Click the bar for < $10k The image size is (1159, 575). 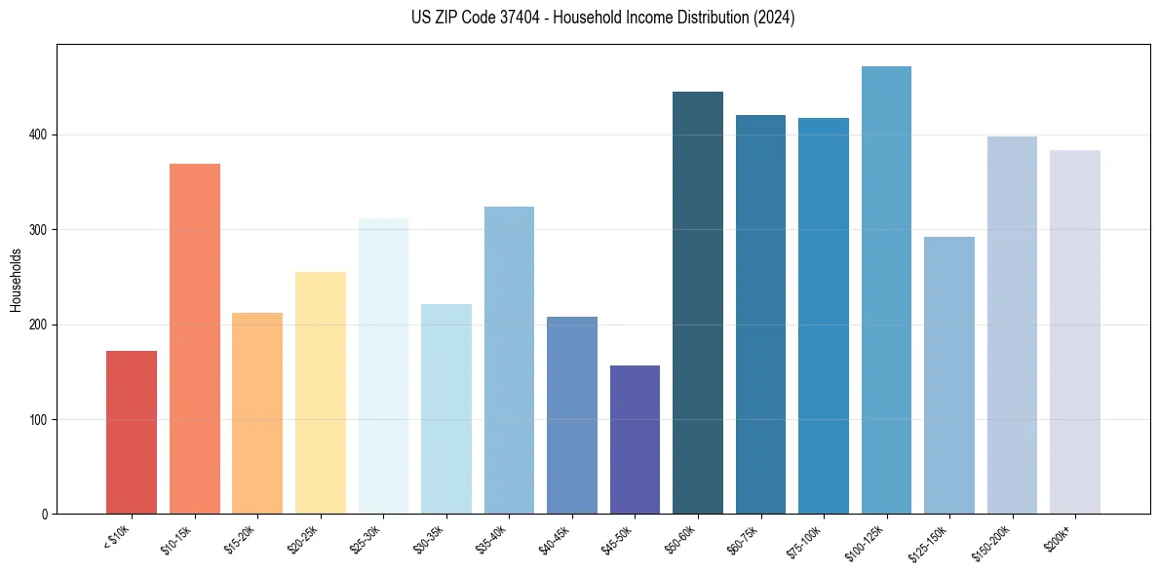tap(132, 432)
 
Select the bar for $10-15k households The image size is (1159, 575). tap(194, 338)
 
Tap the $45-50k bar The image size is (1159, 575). tap(635, 440)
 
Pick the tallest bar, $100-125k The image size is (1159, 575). tap(886, 289)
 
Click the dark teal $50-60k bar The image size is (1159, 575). tap(698, 302)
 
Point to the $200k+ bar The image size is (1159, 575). tap(1074, 331)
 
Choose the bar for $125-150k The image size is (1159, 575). tap(948, 375)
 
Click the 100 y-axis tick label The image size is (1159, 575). tap(38, 420)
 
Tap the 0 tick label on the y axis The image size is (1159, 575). tap(45, 515)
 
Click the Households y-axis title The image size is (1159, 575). tap(16, 279)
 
